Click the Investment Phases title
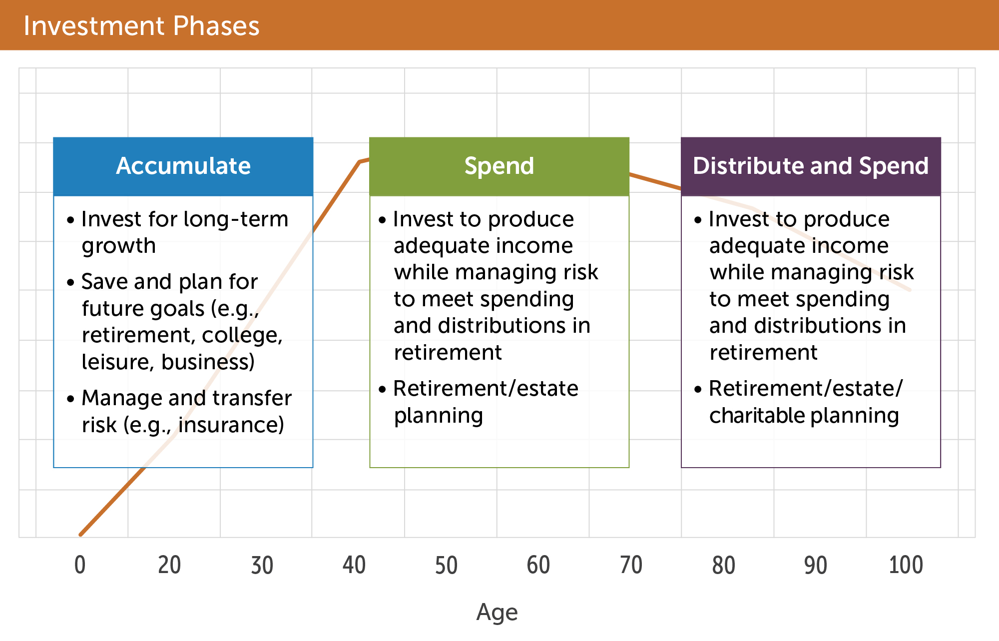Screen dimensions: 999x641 [141, 26]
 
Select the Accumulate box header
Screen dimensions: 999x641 [183, 166]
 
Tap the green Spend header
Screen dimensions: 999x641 [499, 166]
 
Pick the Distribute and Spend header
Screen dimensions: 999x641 [811, 166]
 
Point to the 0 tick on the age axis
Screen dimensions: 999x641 [80, 565]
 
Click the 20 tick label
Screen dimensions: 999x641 [169, 565]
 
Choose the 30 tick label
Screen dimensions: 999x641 [262, 565]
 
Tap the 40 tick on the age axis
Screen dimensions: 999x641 [354, 565]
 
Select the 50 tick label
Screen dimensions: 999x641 [446, 565]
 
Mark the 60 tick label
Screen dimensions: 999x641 [538, 565]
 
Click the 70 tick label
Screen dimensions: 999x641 [631, 565]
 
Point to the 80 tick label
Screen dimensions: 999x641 [723, 565]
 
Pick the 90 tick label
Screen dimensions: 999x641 [816, 565]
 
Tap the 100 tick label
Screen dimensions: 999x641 [906, 565]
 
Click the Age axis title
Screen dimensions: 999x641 [497, 613]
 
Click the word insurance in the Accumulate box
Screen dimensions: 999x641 [231, 425]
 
